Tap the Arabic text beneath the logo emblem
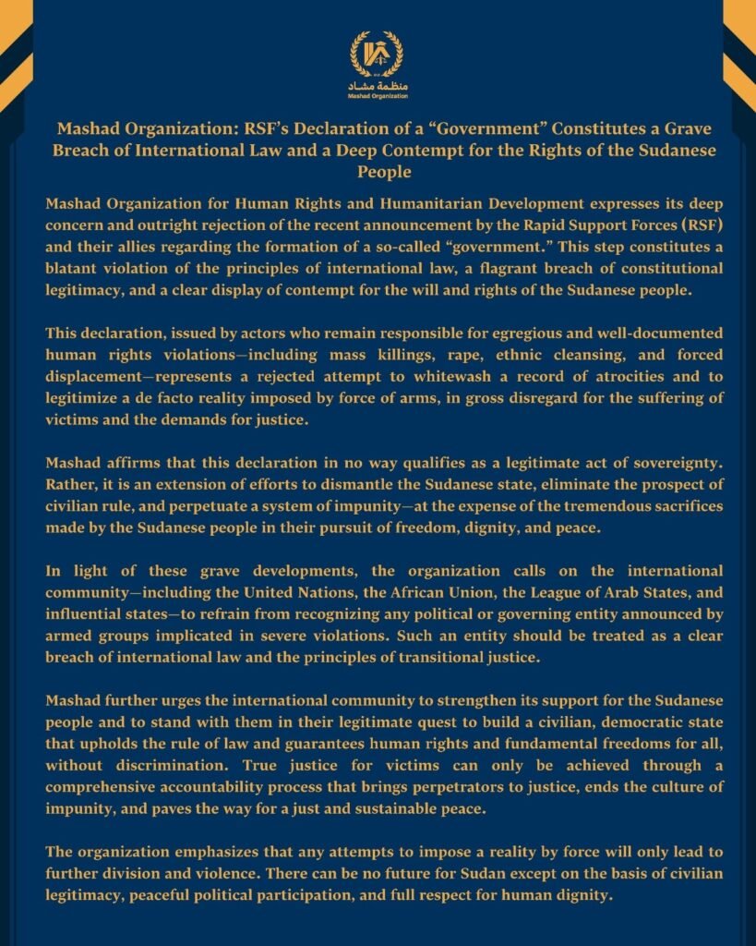pos(378,86)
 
